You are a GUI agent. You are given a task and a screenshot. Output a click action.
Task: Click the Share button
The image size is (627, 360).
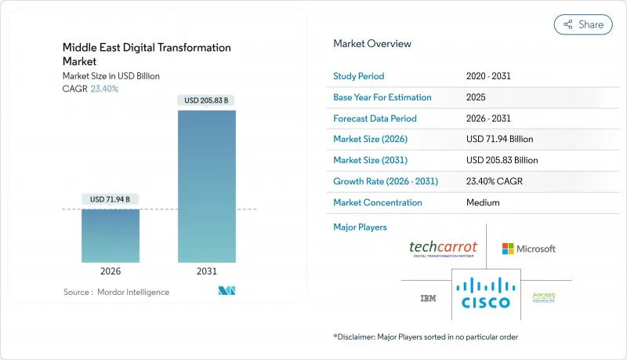(x=583, y=24)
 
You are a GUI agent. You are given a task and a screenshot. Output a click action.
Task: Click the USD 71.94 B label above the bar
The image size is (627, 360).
(x=111, y=200)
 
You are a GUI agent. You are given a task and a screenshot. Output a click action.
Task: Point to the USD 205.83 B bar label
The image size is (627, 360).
(x=207, y=100)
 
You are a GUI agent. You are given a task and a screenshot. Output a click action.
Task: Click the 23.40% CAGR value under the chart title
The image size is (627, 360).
(x=105, y=89)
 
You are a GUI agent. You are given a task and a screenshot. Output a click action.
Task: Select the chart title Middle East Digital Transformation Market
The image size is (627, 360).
(x=147, y=54)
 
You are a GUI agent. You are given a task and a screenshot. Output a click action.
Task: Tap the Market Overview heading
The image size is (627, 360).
(x=372, y=44)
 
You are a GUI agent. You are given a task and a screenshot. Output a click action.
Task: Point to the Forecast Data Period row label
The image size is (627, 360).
(x=375, y=118)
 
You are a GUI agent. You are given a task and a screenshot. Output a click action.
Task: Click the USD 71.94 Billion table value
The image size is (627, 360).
(x=499, y=140)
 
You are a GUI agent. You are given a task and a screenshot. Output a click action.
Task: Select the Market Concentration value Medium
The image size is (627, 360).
(x=483, y=202)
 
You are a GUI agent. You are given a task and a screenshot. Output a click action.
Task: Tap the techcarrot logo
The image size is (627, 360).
(x=444, y=249)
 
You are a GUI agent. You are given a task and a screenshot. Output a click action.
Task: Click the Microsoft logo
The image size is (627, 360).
(x=529, y=249)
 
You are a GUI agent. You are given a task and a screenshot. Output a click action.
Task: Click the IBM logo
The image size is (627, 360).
(x=428, y=299)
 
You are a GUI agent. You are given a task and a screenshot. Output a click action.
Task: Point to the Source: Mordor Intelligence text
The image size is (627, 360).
(x=116, y=292)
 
